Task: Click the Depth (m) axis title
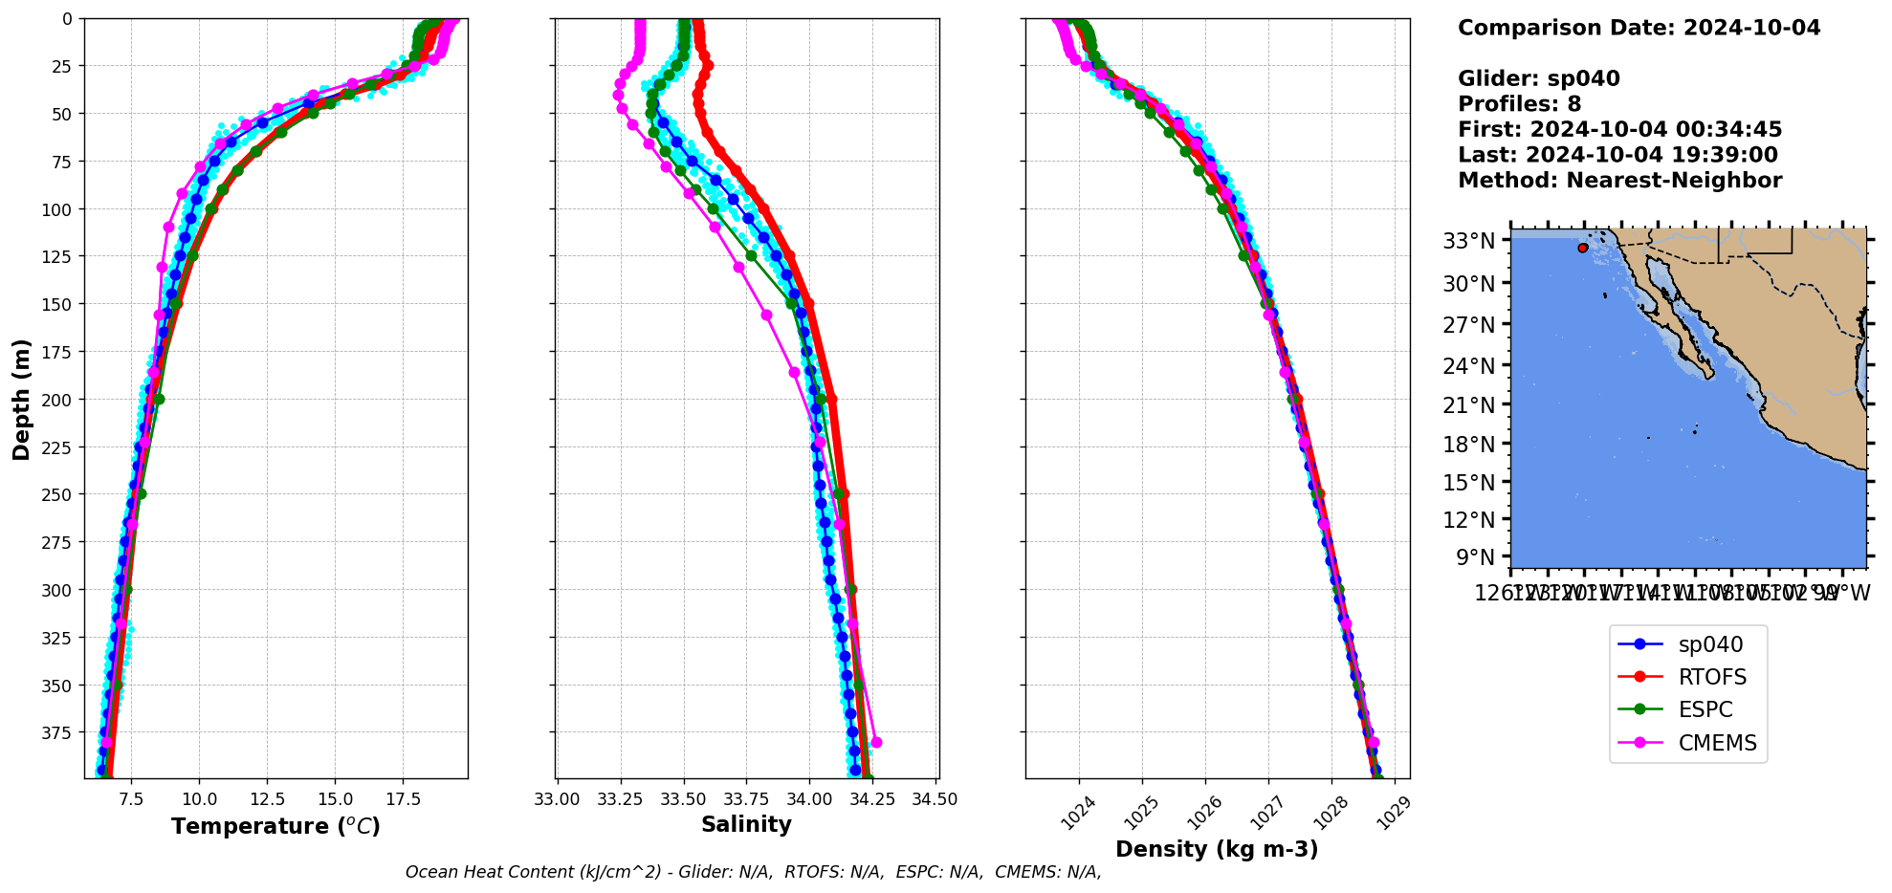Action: click(x=21, y=399)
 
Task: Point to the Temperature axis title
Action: click(x=275, y=826)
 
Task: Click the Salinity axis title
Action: click(x=746, y=824)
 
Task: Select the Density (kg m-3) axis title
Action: click(x=1217, y=849)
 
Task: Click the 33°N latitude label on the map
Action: click(x=1468, y=241)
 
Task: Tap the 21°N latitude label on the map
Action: click(x=1468, y=405)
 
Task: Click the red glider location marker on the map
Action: click(x=1583, y=248)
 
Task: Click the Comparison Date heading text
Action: click(x=1639, y=28)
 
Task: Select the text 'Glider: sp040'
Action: click(x=1538, y=78)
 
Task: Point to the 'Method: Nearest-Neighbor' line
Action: click(x=1619, y=181)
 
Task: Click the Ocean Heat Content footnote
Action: click(x=753, y=872)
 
